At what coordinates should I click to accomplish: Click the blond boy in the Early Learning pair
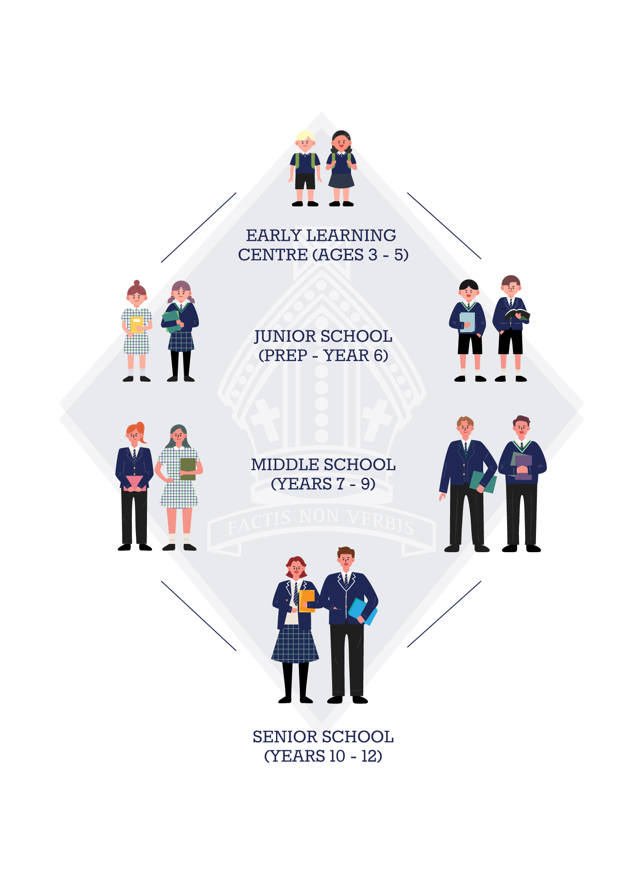(305, 168)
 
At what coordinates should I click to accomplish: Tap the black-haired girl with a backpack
(341, 168)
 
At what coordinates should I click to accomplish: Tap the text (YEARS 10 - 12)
(323, 756)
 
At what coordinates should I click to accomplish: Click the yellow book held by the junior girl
(136, 324)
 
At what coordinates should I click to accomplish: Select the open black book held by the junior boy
(517, 315)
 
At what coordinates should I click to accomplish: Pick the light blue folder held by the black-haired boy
(467, 322)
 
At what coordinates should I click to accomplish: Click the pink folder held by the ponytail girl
(134, 482)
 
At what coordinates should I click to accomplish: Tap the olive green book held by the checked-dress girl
(188, 469)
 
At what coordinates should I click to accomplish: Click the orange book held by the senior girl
(307, 600)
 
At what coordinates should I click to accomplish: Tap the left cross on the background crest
(265, 418)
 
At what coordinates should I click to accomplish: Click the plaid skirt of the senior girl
(295, 645)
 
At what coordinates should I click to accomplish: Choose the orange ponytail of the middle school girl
(141, 432)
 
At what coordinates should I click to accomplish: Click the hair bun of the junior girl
(136, 283)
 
